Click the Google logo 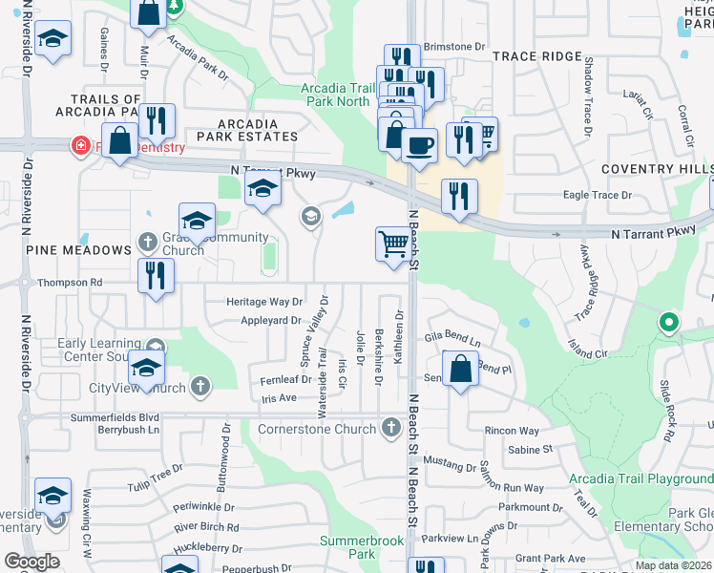[x=31, y=562]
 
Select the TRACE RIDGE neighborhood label [x=536, y=56]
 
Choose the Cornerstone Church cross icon [x=389, y=429]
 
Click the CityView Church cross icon [x=199, y=387]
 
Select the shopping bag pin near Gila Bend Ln [x=460, y=370]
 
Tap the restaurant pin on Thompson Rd [x=155, y=276]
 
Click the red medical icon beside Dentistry [x=82, y=147]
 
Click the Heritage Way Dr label [x=264, y=302]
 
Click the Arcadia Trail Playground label [x=640, y=478]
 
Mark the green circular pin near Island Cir [x=669, y=323]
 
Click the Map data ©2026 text [x=674, y=565]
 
